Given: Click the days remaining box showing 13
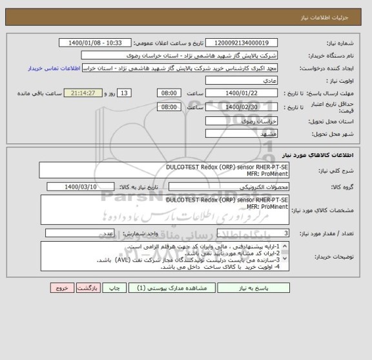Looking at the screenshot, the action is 125,93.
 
